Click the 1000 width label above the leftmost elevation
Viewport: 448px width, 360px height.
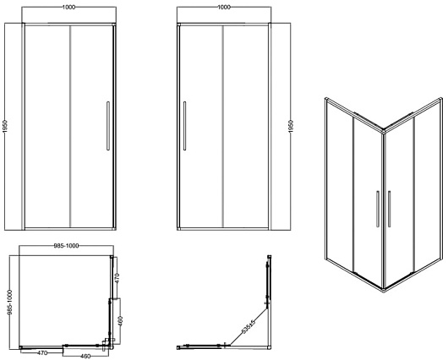(x=68, y=7)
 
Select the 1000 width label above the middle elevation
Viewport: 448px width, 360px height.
(x=224, y=7)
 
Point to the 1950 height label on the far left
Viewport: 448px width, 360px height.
(x=5, y=126)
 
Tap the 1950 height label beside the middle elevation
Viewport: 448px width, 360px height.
(x=291, y=126)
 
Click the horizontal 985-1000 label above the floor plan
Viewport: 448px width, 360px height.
(x=66, y=246)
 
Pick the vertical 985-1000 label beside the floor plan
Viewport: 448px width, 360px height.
(x=10, y=303)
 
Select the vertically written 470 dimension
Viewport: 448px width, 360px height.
(x=117, y=278)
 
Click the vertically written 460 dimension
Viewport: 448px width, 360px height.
(x=120, y=321)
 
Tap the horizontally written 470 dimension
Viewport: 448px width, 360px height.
(x=42, y=353)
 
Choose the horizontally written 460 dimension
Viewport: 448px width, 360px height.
(x=85, y=356)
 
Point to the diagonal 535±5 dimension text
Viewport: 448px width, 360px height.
(x=248, y=326)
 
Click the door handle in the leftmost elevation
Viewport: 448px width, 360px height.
(x=108, y=126)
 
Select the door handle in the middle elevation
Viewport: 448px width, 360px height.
(x=185, y=126)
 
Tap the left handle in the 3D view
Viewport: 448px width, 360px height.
(x=378, y=209)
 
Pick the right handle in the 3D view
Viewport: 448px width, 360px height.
(x=389, y=209)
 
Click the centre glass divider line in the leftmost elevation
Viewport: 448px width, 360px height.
(x=70, y=126)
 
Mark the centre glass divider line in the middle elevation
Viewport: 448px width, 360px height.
(x=223, y=126)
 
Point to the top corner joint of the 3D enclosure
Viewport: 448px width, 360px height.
(x=384, y=131)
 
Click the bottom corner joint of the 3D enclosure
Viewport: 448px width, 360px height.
(x=384, y=288)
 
